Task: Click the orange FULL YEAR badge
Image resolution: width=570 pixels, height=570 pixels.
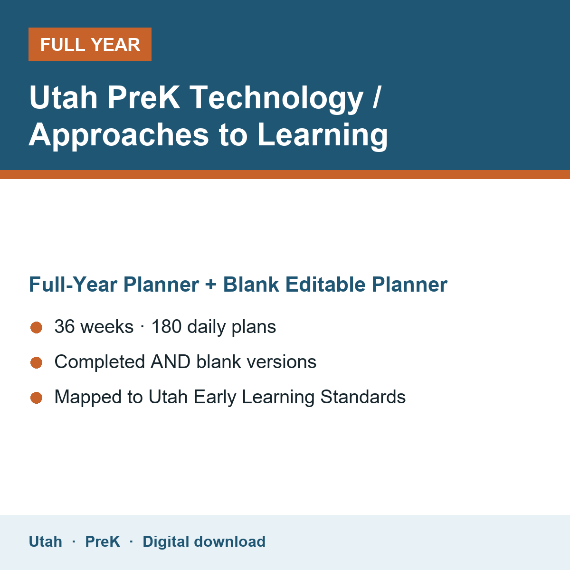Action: pyautogui.click(x=90, y=44)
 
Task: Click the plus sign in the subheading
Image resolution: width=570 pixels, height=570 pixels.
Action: pyautogui.click(x=211, y=285)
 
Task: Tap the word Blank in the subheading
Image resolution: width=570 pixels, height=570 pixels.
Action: pyautogui.click(x=251, y=285)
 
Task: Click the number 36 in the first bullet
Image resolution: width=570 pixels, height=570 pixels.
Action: pyautogui.click(x=65, y=326)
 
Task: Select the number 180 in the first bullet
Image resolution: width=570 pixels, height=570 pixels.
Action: pyautogui.click(x=167, y=326)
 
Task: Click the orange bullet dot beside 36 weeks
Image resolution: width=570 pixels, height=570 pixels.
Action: pyautogui.click(x=37, y=327)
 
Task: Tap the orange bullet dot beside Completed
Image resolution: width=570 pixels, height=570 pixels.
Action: pyautogui.click(x=37, y=362)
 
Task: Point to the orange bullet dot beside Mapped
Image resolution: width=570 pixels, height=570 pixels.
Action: pyautogui.click(x=37, y=398)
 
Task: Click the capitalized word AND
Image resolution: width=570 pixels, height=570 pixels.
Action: pyautogui.click(x=171, y=361)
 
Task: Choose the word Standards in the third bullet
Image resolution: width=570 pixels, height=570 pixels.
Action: pyautogui.click(x=363, y=397)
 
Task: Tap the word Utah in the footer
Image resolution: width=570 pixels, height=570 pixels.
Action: pyautogui.click(x=46, y=541)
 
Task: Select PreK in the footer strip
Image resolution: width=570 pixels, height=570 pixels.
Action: pyautogui.click(x=103, y=541)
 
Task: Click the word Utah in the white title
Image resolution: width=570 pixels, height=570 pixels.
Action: pyautogui.click(x=63, y=98)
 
